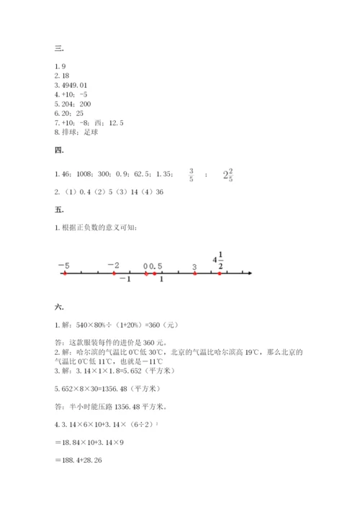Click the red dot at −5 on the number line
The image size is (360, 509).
click(x=65, y=274)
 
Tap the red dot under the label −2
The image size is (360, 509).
click(x=114, y=274)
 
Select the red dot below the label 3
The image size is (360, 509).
click(x=194, y=274)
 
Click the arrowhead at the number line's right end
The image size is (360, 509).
click(x=249, y=274)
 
